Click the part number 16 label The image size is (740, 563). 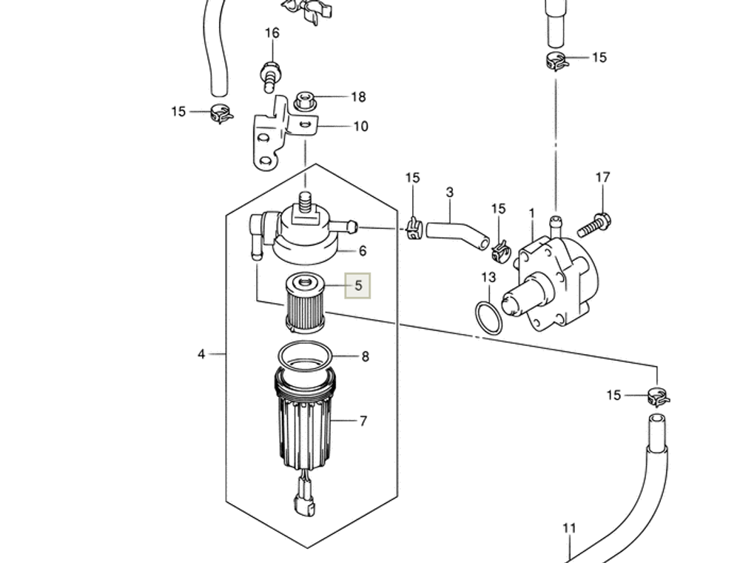[272, 33]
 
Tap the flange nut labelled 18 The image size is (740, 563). [303, 100]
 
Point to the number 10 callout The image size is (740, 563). [360, 127]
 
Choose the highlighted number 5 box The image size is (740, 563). [359, 285]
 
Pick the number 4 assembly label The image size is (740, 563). [201, 354]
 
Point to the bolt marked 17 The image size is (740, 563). [594, 221]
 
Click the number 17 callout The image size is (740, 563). [602, 178]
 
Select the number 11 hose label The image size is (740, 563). [568, 529]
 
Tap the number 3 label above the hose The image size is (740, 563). [449, 193]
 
